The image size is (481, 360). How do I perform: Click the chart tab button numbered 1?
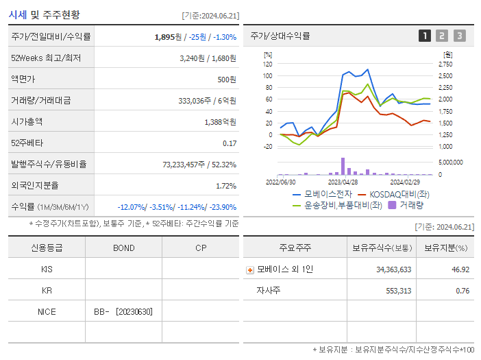coord(425,36)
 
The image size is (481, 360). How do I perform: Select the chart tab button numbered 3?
coord(459,36)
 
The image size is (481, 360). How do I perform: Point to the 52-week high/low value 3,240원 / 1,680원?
coord(208,58)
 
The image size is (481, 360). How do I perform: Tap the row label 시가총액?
coord(27,121)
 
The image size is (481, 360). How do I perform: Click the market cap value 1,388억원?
coord(220,121)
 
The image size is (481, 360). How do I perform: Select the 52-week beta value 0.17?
coord(230,143)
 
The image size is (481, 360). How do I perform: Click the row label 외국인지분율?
coord(35,185)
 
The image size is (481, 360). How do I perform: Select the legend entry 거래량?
coord(411,204)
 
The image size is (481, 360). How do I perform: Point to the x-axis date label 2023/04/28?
coord(343,182)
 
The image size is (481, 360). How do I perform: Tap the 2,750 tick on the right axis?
coord(445,64)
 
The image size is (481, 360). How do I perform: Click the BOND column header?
coord(123,248)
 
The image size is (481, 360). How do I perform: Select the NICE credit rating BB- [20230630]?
coord(123,312)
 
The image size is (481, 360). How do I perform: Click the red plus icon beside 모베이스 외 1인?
coord(250,269)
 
